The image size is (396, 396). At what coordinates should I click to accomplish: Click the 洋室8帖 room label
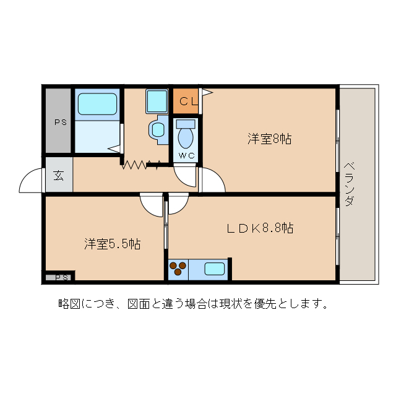pyautogui.click(x=270, y=139)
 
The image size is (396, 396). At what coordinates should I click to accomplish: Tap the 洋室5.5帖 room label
pyautogui.click(x=112, y=244)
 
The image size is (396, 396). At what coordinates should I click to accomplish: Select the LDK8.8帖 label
pyautogui.click(x=259, y=228)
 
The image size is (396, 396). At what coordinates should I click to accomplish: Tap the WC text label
pyautogui.click(x=186, y=155)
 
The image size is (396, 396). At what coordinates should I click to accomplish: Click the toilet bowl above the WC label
pyautogui.click(x=186, y=134)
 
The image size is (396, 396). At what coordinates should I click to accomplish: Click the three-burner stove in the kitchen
pyautogui.click(x=178, y=269)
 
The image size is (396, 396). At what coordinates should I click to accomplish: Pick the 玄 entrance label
pyautogui.click(x=59, y=175)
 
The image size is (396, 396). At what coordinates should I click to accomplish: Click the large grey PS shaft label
pyautogui.click(x=59, y=122)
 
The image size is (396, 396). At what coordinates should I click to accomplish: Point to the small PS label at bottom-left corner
pyautogui.click(x=61, y=277)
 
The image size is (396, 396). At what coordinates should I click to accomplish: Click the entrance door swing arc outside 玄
pyautogui.click(x=31, y=181)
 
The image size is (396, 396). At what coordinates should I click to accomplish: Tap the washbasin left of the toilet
pyautogui.click(x=158, y=130)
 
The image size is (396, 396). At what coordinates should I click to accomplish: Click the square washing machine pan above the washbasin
pyautogui.click(x=157, y=101)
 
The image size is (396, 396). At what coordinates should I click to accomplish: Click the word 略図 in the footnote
pyautogui.click(x=68, y=304)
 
